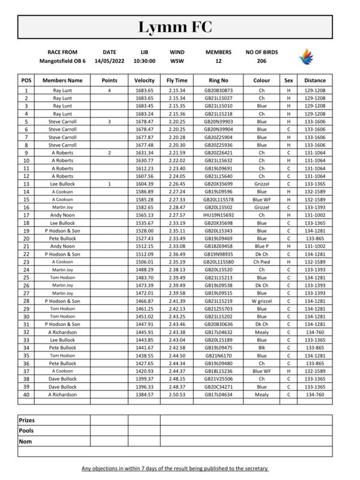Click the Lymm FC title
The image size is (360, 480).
point(180,27)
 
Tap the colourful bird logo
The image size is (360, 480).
point(306,57)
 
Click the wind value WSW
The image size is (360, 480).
point(177,61)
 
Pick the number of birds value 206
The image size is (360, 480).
point(260,61)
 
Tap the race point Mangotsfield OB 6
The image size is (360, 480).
point(62,61)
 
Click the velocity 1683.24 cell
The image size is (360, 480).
point(145,113)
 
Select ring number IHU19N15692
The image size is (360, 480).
point(218,231)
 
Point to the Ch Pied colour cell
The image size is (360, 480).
point(262,262)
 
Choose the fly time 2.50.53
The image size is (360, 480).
point(177,395)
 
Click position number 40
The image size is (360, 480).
point(26,395)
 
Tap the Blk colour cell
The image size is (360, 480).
point(262,347)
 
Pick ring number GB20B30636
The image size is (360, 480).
point(218,325)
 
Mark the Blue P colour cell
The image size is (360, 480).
point(262,246)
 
